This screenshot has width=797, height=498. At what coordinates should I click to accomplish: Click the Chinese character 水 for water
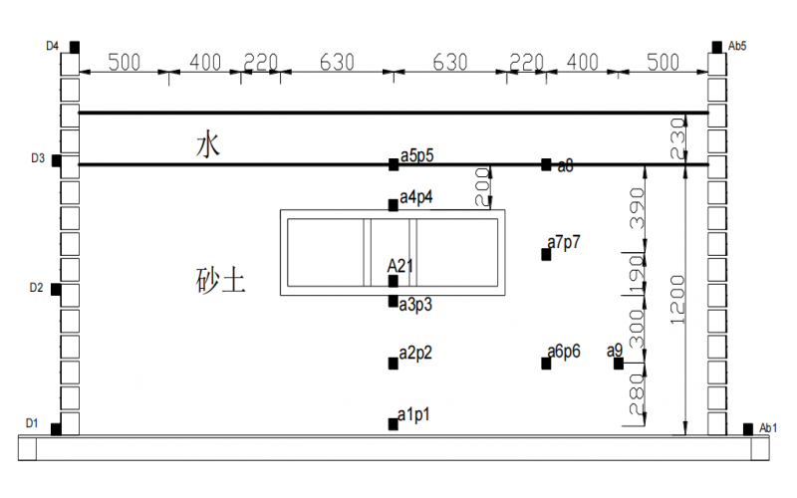click(207, 146)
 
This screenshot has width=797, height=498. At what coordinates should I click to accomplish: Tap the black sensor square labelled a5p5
click(394, 164)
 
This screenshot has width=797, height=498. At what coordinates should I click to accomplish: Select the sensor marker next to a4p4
click(394, 205)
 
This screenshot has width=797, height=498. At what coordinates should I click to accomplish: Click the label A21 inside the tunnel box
click(400, 265)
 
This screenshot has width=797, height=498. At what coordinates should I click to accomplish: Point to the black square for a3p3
click(394, 301)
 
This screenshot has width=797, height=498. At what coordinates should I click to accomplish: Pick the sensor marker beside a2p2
click(394, 363)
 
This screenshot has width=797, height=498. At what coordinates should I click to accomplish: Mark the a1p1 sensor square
click(394, 423)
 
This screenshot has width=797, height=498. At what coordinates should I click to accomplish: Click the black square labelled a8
click(546, 164)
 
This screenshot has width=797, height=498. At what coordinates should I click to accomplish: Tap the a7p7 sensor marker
click(546, 254)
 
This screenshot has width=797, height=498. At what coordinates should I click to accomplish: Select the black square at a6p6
click(546, 363)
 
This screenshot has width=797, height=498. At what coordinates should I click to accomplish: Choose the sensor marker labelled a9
click(618, 363)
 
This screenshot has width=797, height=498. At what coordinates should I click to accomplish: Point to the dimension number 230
click(677, 137)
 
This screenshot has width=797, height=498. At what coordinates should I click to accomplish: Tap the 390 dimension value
click(639, 206)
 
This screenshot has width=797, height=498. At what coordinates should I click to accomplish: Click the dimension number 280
click(639, 404)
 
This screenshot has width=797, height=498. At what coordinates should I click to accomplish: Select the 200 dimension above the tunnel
click(482, 187)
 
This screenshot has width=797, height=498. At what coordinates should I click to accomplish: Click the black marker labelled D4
click(75, 47)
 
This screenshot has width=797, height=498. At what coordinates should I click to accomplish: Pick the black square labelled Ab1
click(748, 428)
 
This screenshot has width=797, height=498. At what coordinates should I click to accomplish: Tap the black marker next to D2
click(57, 290)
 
